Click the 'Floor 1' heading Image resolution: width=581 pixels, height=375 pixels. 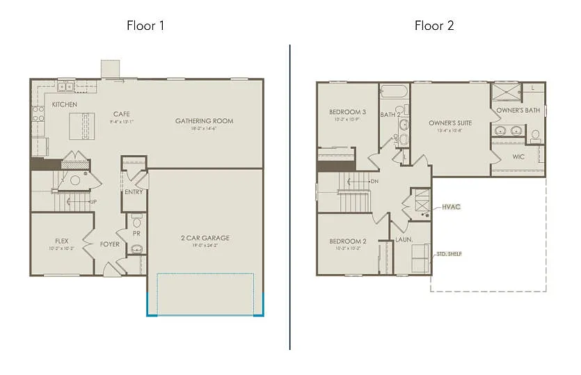pyautogui.click(x=145, y=26)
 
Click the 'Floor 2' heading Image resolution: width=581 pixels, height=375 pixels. pyautogui.click(x=434, y=26)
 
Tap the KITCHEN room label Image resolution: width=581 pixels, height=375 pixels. pyautogui.click(x=64, y=104)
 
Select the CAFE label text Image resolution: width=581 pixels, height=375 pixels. pyautogui.click(x=122, y=114)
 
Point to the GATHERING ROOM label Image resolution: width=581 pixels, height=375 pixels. pyautogui.click(x=204, y=121)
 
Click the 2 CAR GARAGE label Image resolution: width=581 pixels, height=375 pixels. pyautogui.click(x=205, y=238)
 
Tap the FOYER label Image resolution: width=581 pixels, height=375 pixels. pyautogui.click(x=109, y=244)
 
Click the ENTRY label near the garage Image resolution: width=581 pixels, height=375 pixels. pyautogui.click(x=134, y=192)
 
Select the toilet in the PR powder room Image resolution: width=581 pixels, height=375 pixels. pyautogui.click(x=136, y=223)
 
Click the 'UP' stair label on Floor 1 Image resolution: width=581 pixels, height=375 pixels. pyautogui.click(x=93, y=202)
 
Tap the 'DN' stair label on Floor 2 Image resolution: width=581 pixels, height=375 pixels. pyautogui.click(x=374, y=182)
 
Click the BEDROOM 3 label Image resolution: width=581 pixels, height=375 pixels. pyautogui.click(x=347, y=112)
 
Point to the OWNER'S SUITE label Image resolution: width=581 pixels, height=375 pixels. pyautogui.click(x=450, y=123)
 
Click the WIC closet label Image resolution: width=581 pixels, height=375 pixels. pyautogui.click(x=518, y=157)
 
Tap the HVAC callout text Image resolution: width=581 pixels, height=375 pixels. pyautogui.click(x=451, y=207)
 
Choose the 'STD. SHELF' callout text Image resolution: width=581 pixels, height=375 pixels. pyautogui.click(x=449, y=253)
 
